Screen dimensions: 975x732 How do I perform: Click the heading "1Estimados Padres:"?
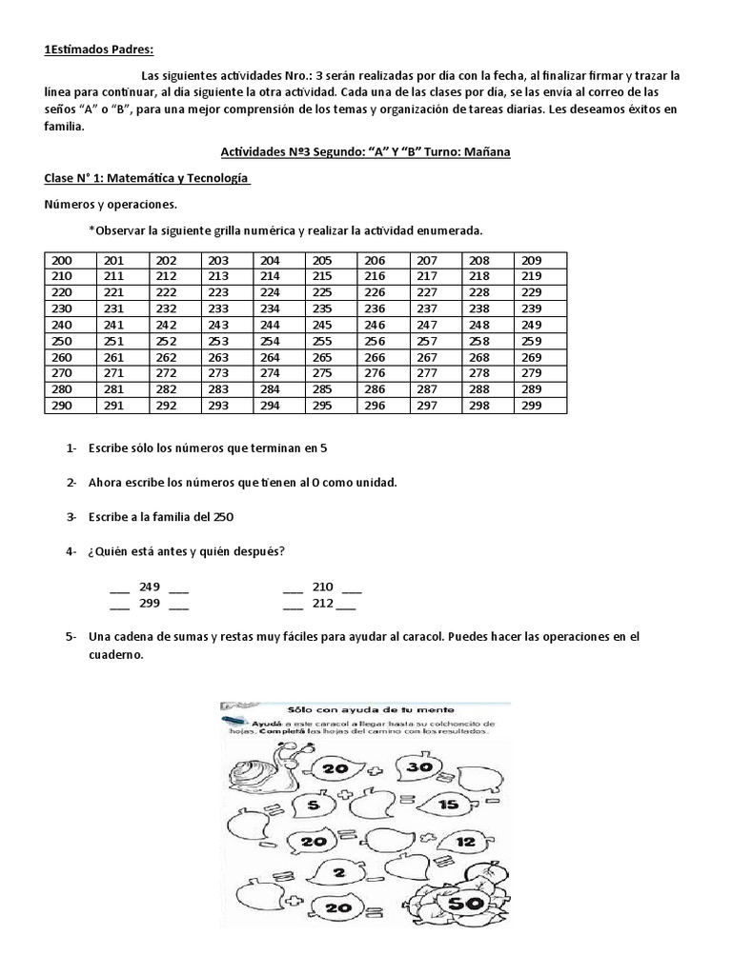[98, 50]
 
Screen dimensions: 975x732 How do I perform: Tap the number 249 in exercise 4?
[150, 587]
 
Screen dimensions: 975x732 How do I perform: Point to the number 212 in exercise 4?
[322, 603]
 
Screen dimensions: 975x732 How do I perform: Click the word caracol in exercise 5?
[416, 636]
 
